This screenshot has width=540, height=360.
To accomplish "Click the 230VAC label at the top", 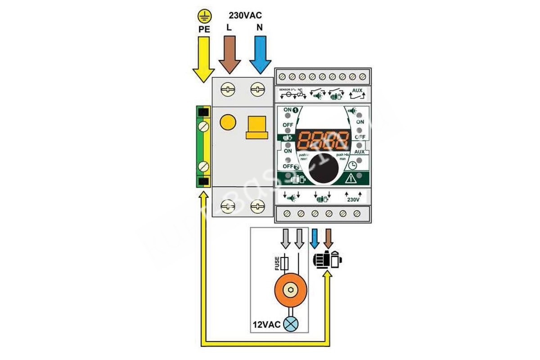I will [x=245, y=16].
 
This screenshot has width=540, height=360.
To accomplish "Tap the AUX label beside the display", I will [x=359, y=152].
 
